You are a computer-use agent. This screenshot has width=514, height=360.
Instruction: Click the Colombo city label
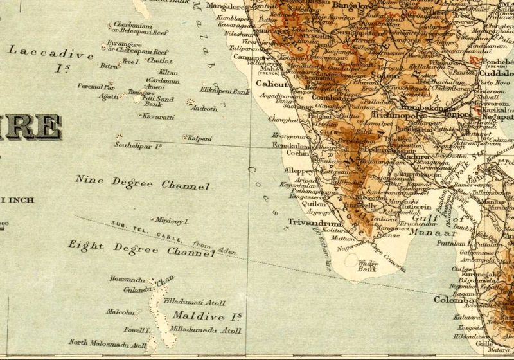click(x=454, y=300)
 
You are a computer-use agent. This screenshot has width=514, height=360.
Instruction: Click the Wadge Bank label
click(x=367, y=266)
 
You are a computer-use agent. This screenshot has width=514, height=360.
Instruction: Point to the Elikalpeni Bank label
click(x=225, y=92)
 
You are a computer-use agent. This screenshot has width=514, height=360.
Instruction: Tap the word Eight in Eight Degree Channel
click(x=86, y=244)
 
